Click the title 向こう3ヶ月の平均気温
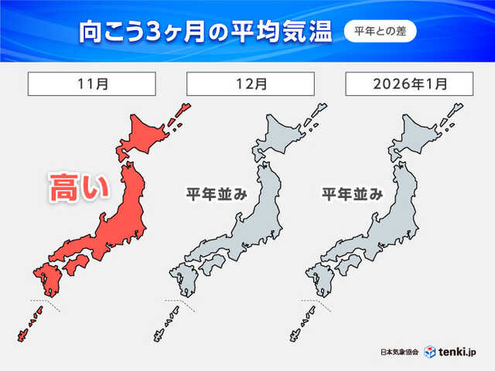(205, 32)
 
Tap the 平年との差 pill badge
(380, 32)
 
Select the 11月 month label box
(92, 83)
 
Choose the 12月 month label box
(250, 83)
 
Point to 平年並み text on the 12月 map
(216, 195)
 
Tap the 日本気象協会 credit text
(400, 352)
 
